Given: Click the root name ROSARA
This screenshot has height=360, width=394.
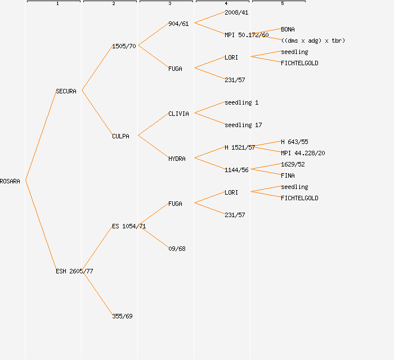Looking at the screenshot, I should pos(10,181).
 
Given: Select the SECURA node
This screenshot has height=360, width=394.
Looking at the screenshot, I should pos(66,91).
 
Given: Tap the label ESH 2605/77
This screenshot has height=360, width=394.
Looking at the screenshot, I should pos(74,271).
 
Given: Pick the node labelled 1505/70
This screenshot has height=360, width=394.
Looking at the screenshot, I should pos(124,46).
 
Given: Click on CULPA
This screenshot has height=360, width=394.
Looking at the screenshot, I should pos(120,136).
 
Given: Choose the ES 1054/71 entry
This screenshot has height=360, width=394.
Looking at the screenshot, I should pos(129,226).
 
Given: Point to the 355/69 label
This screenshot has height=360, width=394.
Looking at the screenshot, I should pos(122,316).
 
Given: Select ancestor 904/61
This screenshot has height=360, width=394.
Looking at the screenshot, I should pos(178,24).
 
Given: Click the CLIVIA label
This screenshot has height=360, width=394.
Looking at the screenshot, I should pos(178,114).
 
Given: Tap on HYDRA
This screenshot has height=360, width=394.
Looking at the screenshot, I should pos(177,159).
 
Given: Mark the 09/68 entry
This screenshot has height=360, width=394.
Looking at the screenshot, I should pos(177,249).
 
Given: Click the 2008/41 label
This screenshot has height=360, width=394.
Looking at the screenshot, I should pos(236,12).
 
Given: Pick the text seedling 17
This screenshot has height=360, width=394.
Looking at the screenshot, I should pos(243,125).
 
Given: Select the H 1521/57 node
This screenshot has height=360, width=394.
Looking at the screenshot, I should pos(240,147).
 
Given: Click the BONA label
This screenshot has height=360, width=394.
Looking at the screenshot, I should pos(288,29).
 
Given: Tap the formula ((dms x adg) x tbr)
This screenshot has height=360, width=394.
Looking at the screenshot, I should pos(313,40).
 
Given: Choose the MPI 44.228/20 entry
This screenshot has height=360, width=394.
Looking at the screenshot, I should pos(303,153).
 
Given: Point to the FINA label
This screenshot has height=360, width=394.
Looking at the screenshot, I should pos(288,175).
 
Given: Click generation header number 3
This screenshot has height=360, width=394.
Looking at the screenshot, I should pos(169,4).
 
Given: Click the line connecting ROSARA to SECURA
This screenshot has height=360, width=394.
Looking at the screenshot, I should pos(41,136).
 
